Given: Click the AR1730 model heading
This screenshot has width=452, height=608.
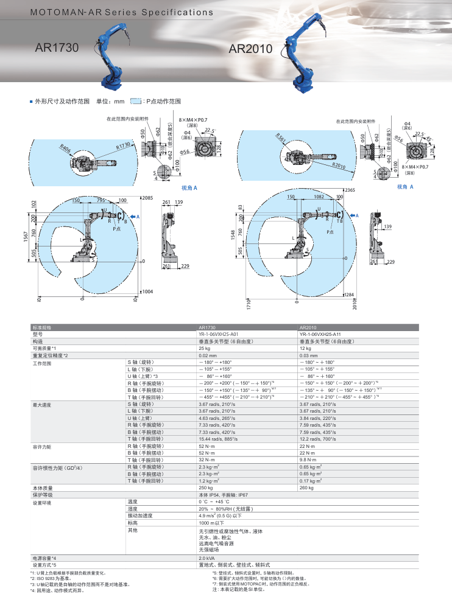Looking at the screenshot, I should (x=57, y=47).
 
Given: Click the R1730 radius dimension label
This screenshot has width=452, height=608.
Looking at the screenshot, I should (x=124, y=146).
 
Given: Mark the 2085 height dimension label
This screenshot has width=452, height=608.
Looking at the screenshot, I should (x=147, y=198).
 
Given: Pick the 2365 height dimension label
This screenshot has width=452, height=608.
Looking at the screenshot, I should (x=350, y=190).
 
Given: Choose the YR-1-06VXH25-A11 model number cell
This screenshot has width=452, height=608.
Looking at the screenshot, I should (x=323, y=334).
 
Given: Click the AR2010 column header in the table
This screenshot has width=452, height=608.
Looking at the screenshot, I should (x=310, y=327).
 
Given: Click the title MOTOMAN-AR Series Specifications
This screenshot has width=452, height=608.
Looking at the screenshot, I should (x=122, y=12).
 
